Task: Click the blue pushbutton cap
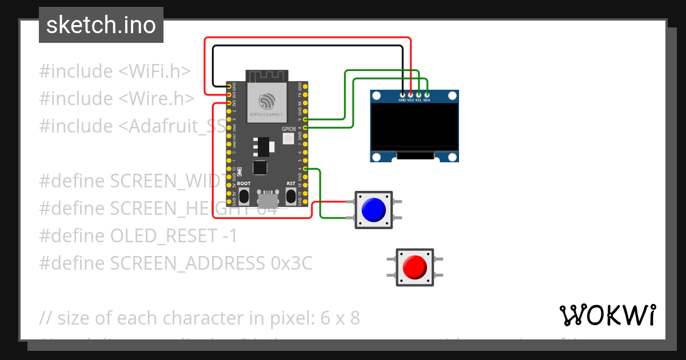click(374, 210)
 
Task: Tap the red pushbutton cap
click(414, 267)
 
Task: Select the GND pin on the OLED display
click(402, 94)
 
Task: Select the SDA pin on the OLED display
click(427, 94)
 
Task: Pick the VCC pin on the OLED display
click(410, 94)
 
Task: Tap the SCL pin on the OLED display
click(418, 94)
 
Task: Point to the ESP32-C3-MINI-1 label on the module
click(266, 115)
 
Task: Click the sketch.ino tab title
click(101, 25)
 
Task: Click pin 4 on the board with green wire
click(305, 169)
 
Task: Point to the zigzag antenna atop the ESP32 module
click(268, 75)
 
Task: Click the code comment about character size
click(200, 318)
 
